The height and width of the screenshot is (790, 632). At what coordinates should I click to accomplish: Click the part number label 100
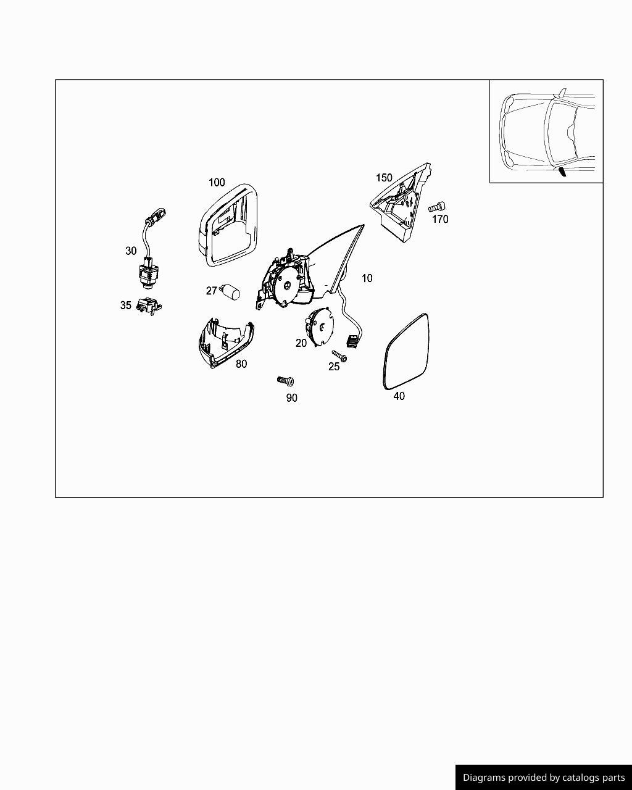click(217, 183)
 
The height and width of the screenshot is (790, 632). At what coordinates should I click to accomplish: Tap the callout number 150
click(384, 178)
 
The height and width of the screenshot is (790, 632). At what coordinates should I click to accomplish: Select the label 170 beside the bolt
click(440, 219)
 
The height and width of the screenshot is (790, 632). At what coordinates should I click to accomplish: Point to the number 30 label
click(131, 251)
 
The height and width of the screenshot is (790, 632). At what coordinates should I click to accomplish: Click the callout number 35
click(125, 305)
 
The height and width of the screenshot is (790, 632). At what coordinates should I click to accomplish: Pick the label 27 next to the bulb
click(211, 291)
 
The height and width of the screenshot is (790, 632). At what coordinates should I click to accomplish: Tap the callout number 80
click(241, 364)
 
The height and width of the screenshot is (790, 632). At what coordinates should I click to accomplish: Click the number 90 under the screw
click(291, 398)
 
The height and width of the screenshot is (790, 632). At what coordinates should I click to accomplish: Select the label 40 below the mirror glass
click(399, 396)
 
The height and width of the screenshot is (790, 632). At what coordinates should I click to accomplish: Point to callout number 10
click(367, 278)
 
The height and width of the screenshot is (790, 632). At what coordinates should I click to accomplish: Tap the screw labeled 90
click(286, 381)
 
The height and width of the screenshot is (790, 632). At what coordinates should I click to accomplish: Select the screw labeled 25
click(339, 355)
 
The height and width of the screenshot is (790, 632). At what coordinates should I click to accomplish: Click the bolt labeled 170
click(437, 207)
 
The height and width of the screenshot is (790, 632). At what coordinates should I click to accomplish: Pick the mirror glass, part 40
click(405, 352)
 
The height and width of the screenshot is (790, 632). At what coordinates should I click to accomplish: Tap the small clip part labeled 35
click(149, 306)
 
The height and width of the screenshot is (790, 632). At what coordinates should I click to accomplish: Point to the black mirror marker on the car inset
click(562, 172)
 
